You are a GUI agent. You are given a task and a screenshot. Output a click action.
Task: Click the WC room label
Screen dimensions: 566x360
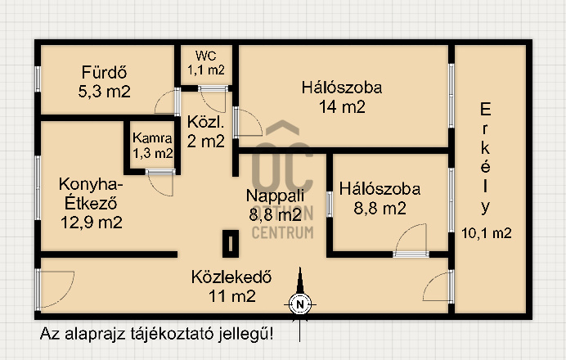tap(206, 56)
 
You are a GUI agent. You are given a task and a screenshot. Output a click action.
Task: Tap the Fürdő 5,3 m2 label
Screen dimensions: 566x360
tap(105, 82)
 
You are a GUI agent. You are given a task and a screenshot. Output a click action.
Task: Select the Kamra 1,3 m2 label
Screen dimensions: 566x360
tap(152, 146)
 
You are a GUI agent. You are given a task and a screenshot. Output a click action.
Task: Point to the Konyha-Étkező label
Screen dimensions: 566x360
tap(91, 194)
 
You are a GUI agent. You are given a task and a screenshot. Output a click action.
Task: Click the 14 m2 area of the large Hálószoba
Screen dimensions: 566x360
tap(342, 107)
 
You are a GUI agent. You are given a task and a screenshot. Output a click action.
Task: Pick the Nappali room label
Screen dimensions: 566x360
tap(275, 196)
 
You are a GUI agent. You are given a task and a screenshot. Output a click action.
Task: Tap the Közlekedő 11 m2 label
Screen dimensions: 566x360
tap(231, 286)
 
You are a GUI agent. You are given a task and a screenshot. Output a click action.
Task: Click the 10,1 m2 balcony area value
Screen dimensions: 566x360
tap(486, 233)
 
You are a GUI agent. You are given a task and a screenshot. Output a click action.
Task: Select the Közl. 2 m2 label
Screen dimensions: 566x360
tap(206, 132)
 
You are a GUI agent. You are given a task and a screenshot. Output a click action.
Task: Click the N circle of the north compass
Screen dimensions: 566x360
tap(299, 304)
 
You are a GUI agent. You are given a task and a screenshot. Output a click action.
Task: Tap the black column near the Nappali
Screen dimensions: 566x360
tap(231, 244)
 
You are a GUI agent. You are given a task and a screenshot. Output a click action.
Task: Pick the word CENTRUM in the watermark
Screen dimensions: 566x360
tap(283, 233)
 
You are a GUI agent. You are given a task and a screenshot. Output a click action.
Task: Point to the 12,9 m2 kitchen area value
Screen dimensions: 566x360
tap(91, 222)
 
